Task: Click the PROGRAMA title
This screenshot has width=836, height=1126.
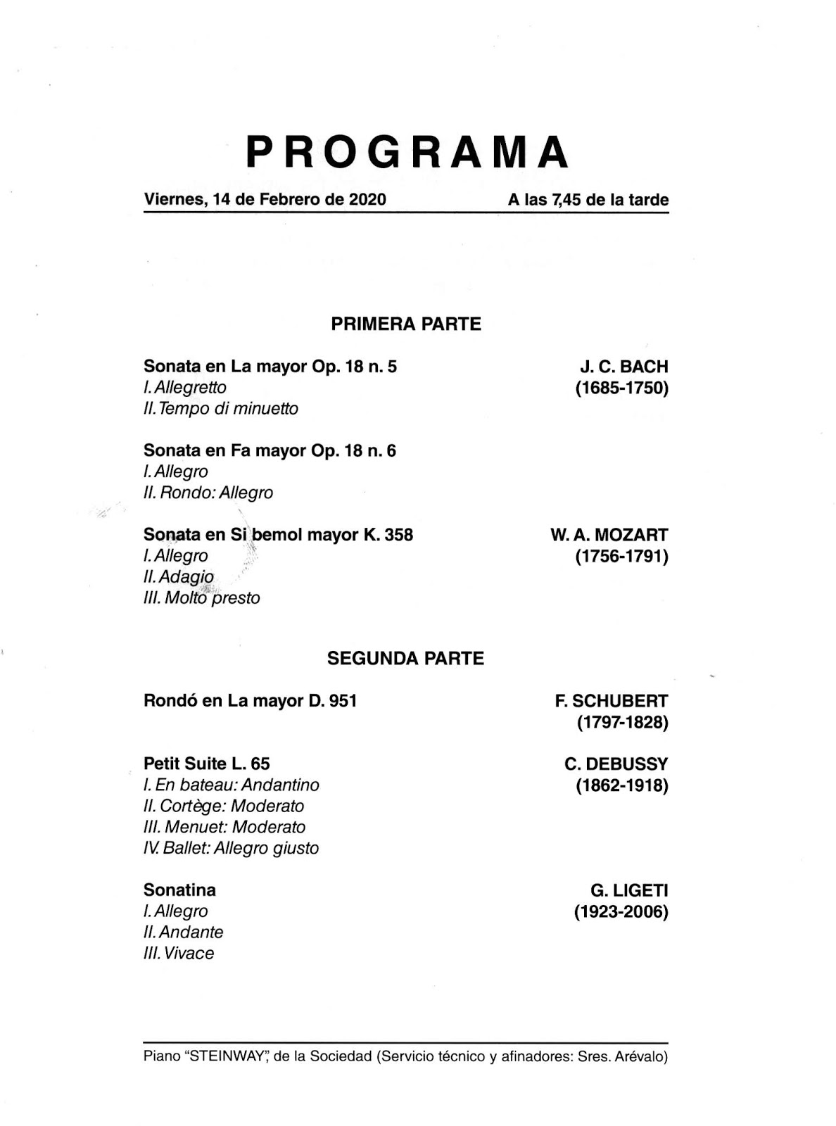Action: click(x=407, y=152)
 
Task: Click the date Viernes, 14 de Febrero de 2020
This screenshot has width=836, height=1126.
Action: click(x=265, y=199)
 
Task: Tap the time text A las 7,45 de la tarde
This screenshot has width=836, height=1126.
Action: click(x=588, y=200)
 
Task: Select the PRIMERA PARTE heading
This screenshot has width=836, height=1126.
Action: click(x=406, y=324)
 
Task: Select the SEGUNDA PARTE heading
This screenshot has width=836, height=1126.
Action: click(x=406, y=659)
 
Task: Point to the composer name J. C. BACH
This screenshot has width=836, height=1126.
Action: click(x=624, y=367)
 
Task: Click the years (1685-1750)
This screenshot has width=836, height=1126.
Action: click(x=622, y=388)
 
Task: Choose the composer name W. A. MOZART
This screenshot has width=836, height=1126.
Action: click(x=609, y=535)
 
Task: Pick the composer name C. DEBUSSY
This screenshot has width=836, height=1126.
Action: click(x=616, y=764)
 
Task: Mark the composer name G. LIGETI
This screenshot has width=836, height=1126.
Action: click(x=630, y=891)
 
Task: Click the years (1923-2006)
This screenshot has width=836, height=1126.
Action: click(x=621, y=912)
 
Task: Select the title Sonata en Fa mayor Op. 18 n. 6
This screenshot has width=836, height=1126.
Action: click(x=270, y=450)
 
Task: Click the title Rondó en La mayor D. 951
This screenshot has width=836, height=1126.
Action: click(x=250, y=701)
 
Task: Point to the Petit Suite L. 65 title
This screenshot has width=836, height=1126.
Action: click(x=207, y=764)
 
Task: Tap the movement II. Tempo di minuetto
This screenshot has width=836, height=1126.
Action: click(x=220, y=409)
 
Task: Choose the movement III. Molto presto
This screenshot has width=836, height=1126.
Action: click(x=202, y=598)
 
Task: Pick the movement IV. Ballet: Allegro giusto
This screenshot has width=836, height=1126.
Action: click(x=231, y=848)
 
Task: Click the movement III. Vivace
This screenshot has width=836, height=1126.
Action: click(x=179, y=954)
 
